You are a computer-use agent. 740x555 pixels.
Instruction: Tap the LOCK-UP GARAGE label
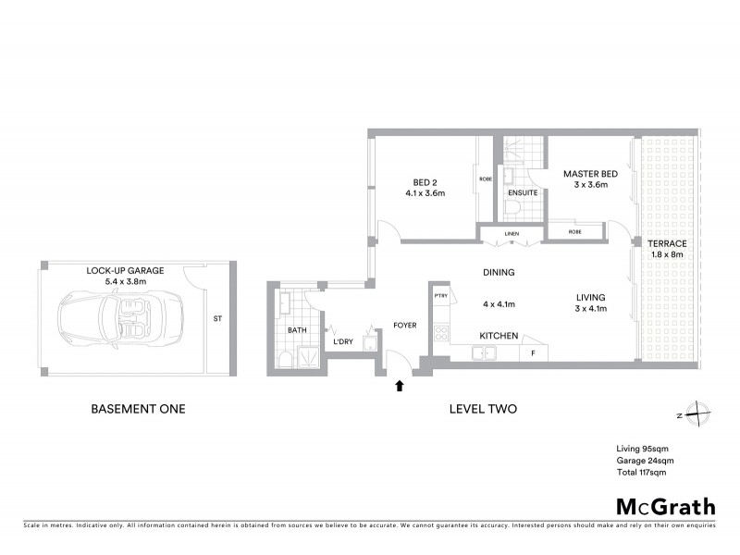tap(125, 271)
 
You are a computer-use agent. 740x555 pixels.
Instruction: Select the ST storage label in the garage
tap(217, 320)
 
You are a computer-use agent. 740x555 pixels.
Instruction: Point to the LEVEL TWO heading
tap(481, 408)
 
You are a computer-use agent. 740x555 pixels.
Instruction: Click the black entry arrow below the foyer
tap(400, 385)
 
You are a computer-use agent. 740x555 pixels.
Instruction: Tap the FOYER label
tap(405, 325)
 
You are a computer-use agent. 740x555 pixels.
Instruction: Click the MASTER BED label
tap(591, 173)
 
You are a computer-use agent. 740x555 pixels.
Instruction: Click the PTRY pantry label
tap(440, 295)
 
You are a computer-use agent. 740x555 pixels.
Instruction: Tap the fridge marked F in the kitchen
tap(533, 353)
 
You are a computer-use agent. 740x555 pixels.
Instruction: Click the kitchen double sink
tap(485, 352)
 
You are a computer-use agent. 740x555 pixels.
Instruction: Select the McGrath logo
tap(665, 506)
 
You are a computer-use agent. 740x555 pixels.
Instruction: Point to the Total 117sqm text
tap(641, 473)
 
